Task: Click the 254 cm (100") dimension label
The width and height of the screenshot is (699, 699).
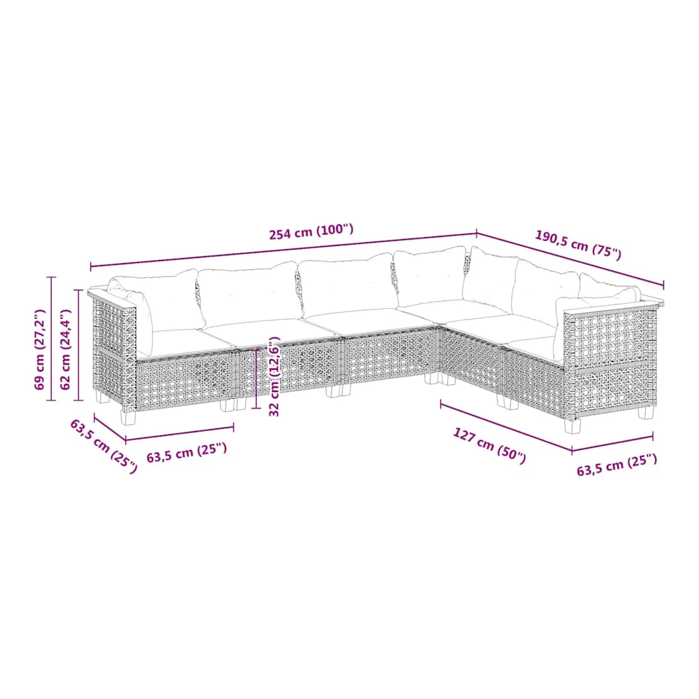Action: coord(311,231)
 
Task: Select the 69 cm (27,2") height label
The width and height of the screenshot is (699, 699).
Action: coord(41,349)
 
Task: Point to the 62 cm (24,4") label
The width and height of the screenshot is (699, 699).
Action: coord(65,349)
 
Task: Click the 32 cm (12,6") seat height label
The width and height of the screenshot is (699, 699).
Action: coord(275,377)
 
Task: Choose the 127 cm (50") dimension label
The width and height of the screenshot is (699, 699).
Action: coord(489,445)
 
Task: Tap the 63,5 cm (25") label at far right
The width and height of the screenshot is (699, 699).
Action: coord(617,465)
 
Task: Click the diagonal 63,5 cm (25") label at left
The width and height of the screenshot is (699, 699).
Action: coord(104,446)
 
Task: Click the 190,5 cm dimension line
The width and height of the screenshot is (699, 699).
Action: coord(570,259)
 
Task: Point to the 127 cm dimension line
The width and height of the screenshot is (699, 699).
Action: coord(506,427)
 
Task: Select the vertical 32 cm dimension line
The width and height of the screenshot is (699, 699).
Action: coord(256,379)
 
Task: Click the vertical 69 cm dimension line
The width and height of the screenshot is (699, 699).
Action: coord(51,339)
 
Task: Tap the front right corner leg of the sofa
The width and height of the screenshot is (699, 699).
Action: coord(573,426)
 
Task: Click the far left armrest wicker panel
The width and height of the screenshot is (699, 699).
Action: coord(113,351)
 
